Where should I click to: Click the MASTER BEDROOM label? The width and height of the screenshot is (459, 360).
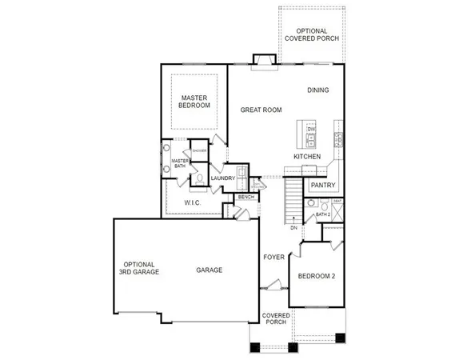point(194,102)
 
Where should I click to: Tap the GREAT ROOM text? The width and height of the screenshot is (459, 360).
point(259,110)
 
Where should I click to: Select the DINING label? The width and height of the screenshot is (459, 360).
point(318,90)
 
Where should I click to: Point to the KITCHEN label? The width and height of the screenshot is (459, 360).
point(307,157)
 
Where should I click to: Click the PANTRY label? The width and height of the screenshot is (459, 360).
point(322,185)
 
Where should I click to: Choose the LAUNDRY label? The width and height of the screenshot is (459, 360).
point(222,178)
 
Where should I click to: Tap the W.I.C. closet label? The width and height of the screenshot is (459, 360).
point(191,203)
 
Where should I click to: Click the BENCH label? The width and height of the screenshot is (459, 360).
point(246,197)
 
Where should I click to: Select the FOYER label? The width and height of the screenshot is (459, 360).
point(274,257)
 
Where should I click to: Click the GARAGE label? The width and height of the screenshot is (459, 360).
point(209,270)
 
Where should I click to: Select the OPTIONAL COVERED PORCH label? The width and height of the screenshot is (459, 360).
point(313,36)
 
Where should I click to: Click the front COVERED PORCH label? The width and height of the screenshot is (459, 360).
point(276,319)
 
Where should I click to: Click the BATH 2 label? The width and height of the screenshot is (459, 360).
point(323,214)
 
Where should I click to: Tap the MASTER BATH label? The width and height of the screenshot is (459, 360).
point(179,164)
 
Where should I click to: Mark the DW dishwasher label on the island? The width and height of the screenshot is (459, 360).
point(312,129)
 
